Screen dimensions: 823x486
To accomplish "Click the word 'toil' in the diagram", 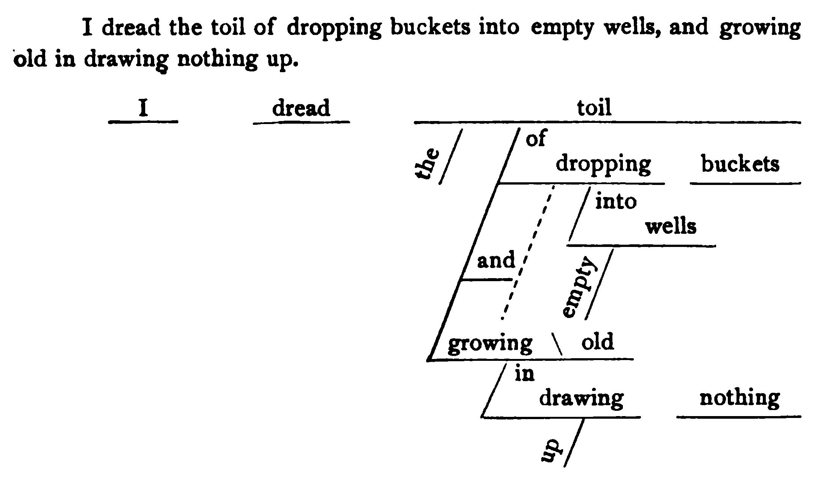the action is [594, 107].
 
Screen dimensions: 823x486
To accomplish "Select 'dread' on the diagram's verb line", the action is [301, 108].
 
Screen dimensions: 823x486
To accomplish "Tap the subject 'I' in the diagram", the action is [143, 108].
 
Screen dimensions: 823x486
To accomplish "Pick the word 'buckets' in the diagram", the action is [740, 164].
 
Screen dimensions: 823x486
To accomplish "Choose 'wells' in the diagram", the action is [671, 227].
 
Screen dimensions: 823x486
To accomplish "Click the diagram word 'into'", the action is [616, 201].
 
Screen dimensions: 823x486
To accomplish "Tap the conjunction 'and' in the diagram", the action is [496, 260].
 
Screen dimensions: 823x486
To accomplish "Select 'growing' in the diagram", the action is [490, 344].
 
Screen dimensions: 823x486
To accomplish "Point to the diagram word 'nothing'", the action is [739, 398].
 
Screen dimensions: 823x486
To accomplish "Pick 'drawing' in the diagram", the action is [581, 398].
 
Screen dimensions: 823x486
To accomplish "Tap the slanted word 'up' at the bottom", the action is [551, 450].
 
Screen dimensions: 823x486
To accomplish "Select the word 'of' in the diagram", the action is [536, 138].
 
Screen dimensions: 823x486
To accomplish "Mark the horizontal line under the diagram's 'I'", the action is [143, 122].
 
